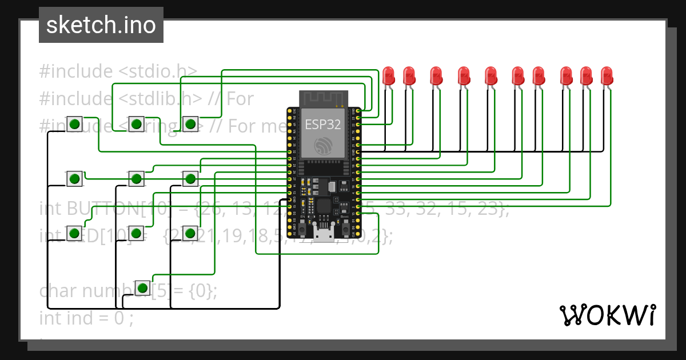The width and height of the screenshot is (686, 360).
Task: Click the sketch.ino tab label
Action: pos(101,25)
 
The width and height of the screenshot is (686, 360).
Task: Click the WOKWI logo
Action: pos(607,315)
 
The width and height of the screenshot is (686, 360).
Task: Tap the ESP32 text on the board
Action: pos(323,125)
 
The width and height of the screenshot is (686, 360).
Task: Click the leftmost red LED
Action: pos(389,76)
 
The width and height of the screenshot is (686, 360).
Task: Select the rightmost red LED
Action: pos(607,76)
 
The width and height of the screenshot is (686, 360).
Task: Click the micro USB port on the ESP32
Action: pos(324,235)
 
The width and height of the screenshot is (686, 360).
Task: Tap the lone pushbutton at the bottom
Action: pos(142,287)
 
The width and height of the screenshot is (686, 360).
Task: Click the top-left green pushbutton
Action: pos(74,124)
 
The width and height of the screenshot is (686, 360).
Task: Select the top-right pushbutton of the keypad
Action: pos(190,124)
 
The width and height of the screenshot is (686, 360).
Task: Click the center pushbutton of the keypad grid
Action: pos(135,179)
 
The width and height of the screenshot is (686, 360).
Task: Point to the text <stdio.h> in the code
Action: pos(158,71)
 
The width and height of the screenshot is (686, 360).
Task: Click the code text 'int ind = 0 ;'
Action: pos(86,317)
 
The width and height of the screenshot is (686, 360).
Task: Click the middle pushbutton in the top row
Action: pos(136,124)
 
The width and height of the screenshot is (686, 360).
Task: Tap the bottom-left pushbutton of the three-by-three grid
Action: pos(74,233)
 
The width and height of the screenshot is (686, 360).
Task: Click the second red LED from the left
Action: pos(409,76)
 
